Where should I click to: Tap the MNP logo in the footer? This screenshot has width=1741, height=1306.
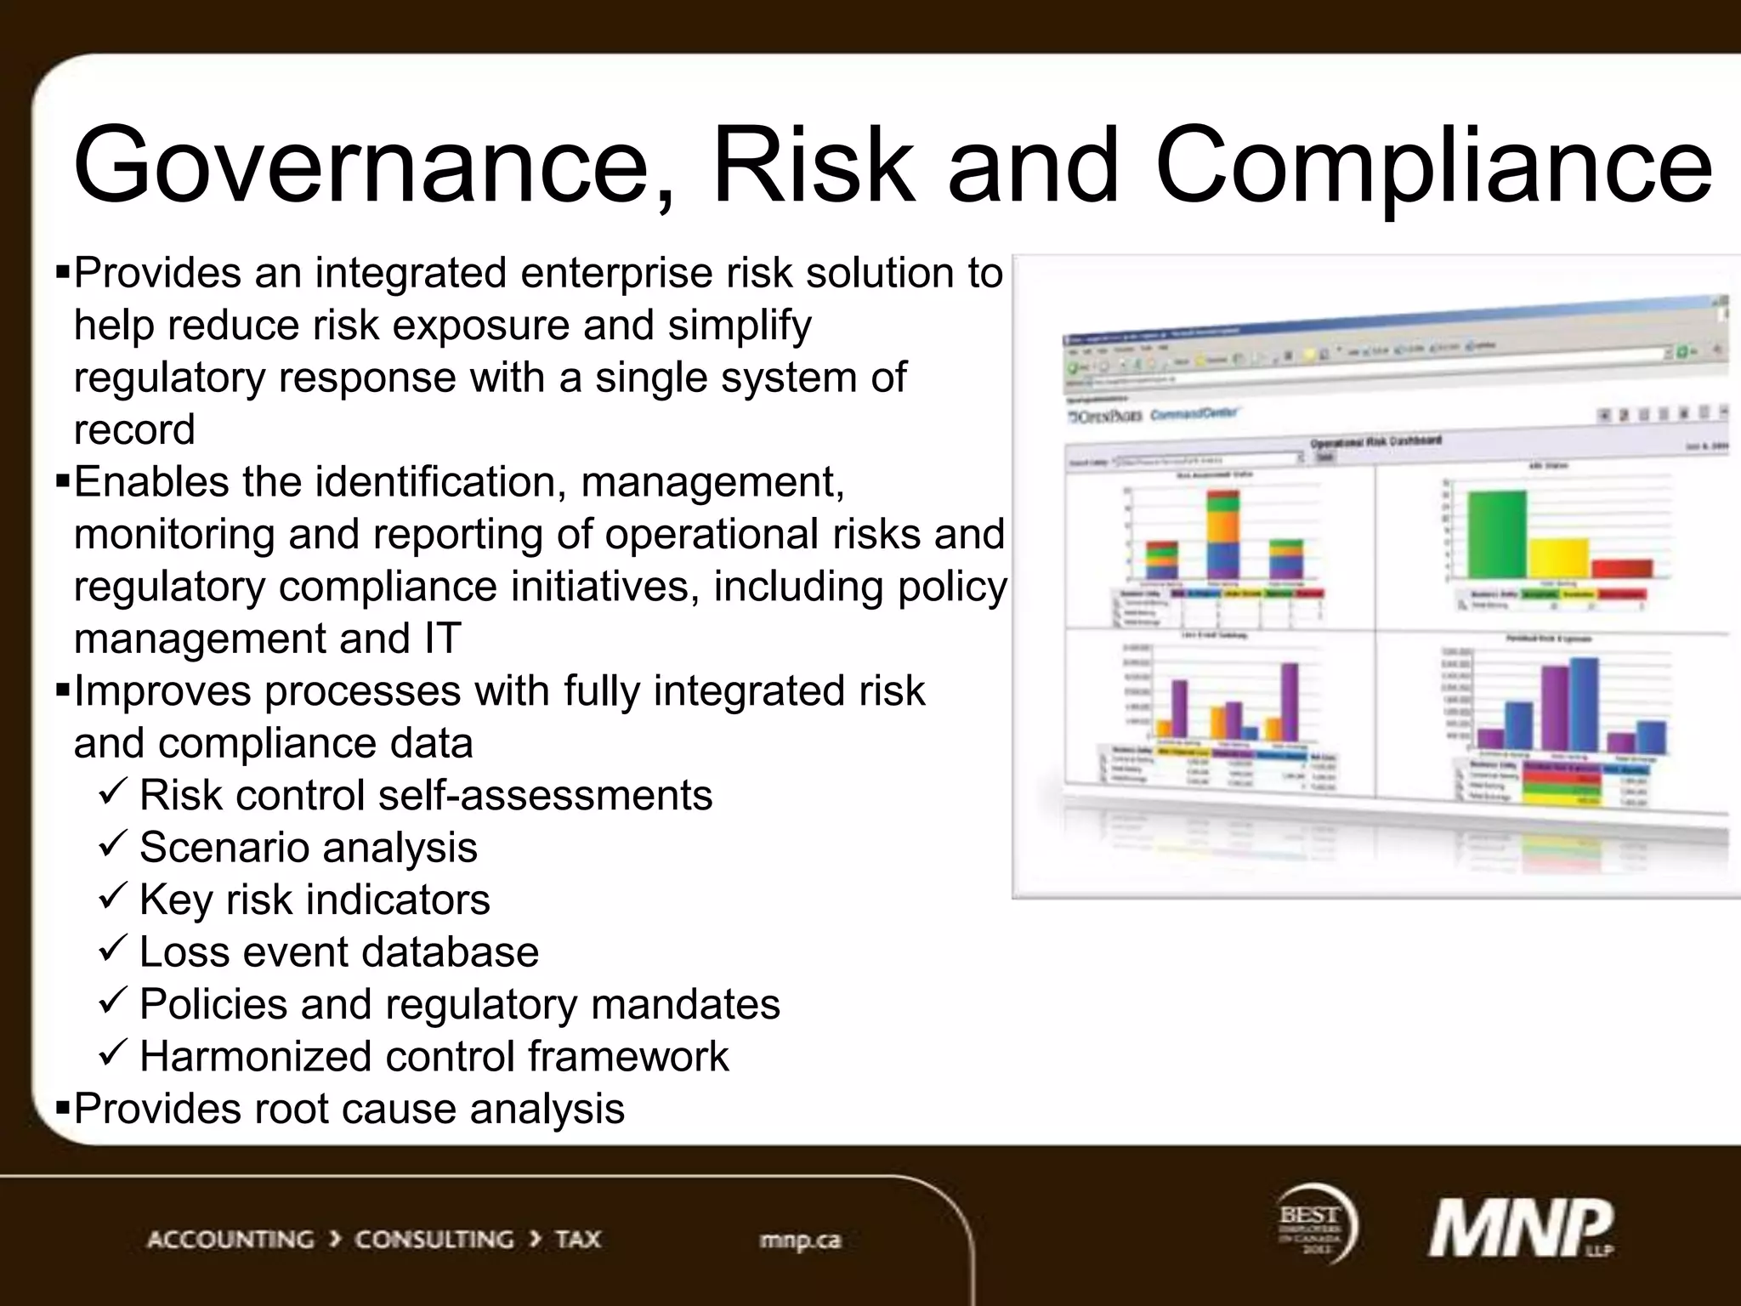click(1521, 1229)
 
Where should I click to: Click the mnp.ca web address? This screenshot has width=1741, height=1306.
click(799, 1241)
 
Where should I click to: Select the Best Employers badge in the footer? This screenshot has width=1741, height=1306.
click(1315, 1225)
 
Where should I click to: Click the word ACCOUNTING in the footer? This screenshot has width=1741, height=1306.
click(230, 1240)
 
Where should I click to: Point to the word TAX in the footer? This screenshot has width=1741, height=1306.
click(578, 1240)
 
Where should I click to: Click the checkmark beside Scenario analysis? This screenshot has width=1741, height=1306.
click(113, 844)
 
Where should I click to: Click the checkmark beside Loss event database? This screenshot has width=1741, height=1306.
click(113, 948)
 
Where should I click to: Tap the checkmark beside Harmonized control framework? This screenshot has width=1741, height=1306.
click(113, 1053)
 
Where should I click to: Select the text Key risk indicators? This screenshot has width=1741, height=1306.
click(315, 900)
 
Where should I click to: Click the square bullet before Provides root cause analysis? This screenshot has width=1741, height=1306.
click(62, 1108)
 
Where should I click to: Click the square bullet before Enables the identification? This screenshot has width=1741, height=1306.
click(62, 481)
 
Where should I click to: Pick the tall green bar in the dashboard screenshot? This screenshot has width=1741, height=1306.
click(1496, 534)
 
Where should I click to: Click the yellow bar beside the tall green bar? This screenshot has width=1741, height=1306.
click(1558, 558)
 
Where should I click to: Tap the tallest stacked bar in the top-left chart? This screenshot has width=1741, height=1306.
click(1223, 536)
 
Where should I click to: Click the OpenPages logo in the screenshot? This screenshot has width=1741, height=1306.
click(1105, 417)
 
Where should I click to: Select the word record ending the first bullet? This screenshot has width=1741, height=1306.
click(134, 429)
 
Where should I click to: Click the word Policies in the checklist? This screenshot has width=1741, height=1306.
click(213, 1004)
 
